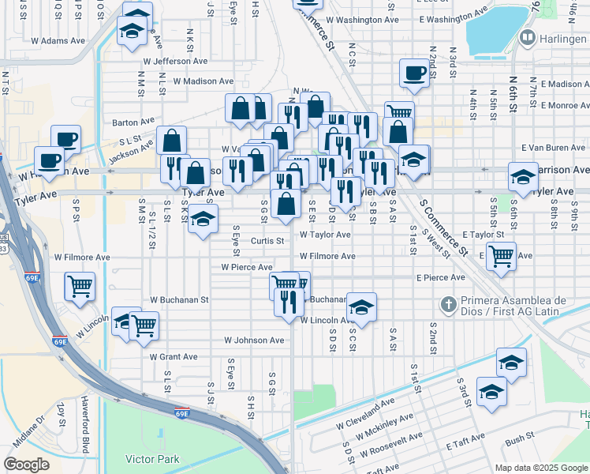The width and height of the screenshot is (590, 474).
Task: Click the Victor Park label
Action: [x=152, y=459]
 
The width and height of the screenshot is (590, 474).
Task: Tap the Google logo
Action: [x=26, y=465]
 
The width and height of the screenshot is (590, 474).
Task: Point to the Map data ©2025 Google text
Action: [x=541, y=468]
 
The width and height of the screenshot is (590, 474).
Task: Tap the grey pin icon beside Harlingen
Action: [x=528, y=37]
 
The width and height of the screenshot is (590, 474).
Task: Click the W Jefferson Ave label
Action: [x=175, y=61]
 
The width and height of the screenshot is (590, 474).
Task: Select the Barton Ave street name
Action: [x=133, y=122]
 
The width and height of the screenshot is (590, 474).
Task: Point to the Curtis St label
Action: [x=267, y=240]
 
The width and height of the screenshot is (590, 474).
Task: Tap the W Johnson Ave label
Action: [x=253, y=340]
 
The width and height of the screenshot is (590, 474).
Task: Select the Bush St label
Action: [x=520, y=436]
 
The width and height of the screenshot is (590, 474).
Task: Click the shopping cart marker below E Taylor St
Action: [x=500, y=255]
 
